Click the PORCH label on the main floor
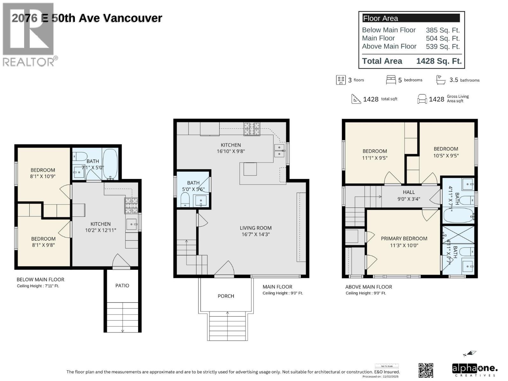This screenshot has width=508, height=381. pyautogui.click(x=226, y=296)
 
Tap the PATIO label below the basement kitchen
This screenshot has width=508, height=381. pyautogui.click(x=122, y=285)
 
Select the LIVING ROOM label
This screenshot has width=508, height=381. pyautogui.click(x=256, y=228)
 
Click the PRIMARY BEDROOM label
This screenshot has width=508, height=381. pyautogui.click(x=404, y=238)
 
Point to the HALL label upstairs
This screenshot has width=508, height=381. pyautogui.click(x=409, y=192)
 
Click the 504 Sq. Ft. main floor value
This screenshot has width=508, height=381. pyautogui.click(x=443, y=38)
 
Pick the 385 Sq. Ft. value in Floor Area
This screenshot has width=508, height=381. pyautogui.click(x=443, y=30)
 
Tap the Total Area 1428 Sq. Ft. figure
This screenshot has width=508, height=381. pyautogui.click(x=439, y=61)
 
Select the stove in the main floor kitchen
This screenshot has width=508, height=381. pyautogui.click(x=251, y=129)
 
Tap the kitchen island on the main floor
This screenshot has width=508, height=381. pyautogui.click(x=250, y=169)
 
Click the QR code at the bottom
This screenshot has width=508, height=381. pyautogui.click(x=426, y=370)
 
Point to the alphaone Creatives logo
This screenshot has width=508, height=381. pyautogui.click(x=474, y=370)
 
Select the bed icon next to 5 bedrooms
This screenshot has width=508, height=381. pyautogui.click(x=391, y=80)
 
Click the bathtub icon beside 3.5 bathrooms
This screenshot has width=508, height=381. pyautogui.click(x=441, y=80)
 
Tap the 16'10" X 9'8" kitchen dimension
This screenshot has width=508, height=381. pyautogui.click(x=231, y=151)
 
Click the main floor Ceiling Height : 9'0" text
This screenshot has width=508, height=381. pyautogui.click(x=283, y=293)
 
